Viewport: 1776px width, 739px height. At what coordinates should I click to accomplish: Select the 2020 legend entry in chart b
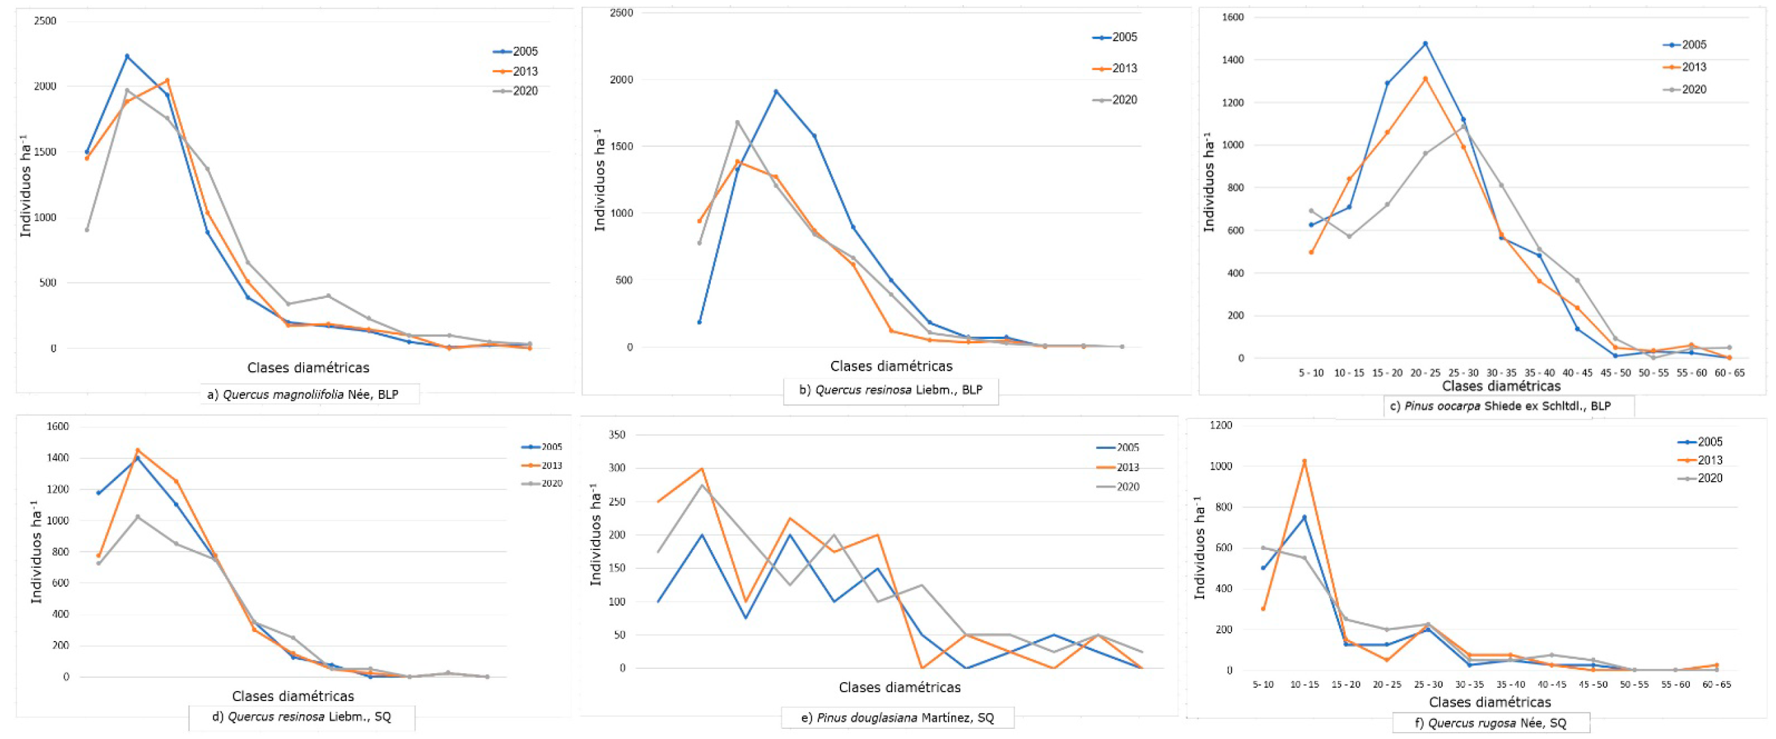coord(1115,100)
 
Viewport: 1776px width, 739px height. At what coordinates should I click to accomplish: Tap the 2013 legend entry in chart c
coord(1684,67)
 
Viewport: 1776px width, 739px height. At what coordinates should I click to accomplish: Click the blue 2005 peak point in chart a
coord(127,56)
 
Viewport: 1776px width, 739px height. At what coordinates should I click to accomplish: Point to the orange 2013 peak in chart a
coord(167,80)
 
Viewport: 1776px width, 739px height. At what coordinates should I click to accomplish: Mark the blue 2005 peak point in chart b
coord(775,91)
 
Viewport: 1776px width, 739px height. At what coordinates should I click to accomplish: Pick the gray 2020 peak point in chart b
coord(737,122)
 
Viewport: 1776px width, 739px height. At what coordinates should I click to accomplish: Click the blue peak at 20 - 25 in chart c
coord(1425,44)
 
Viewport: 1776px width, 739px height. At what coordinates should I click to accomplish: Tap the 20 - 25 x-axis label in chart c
coord(1425,373)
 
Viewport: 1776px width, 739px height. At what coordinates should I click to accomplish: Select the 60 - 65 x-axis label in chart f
coord(1717,685)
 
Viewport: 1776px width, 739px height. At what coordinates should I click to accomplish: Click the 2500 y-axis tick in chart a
coord(45,21)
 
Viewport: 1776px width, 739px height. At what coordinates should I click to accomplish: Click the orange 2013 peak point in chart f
coord(1304,461)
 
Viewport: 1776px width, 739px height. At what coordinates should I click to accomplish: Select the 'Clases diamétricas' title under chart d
coord(293,696)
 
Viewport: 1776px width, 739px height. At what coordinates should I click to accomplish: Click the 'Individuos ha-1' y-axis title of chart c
coord(1209,183)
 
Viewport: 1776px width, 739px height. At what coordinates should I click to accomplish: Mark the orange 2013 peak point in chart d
coord(137,450)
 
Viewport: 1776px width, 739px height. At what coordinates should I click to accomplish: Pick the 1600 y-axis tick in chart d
coord(58,427)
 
